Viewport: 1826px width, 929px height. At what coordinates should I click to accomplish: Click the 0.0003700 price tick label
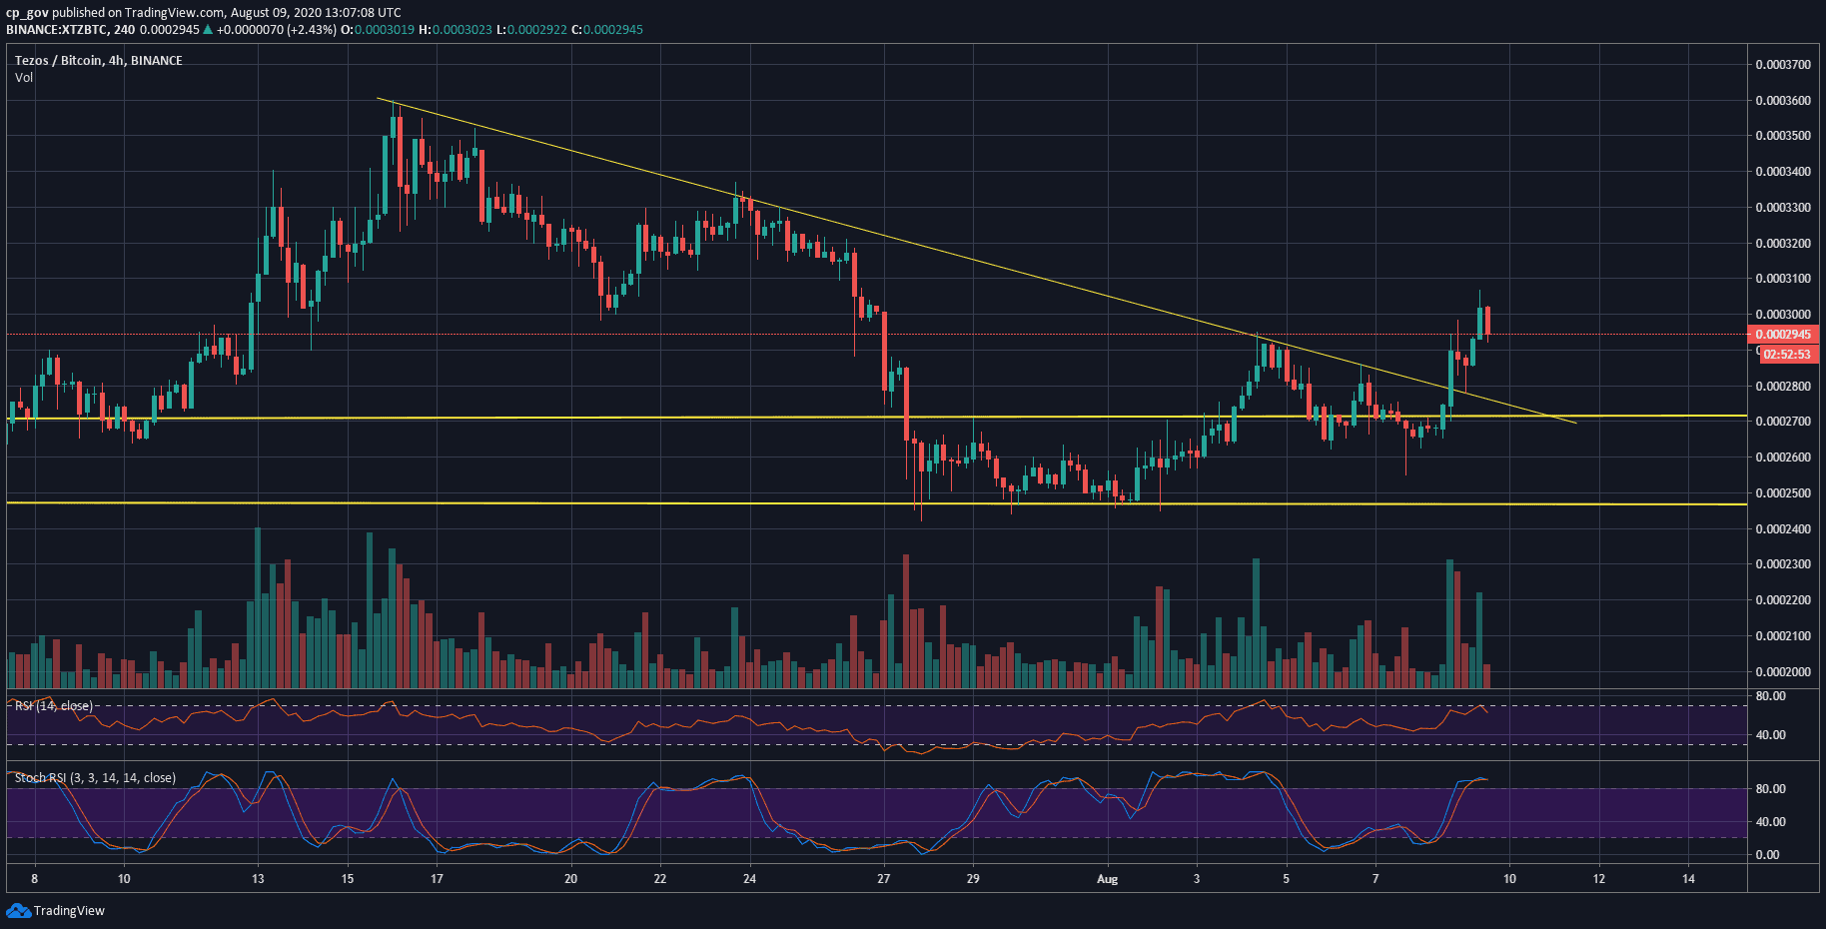1783,65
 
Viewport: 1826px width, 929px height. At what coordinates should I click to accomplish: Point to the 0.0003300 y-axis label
1783,208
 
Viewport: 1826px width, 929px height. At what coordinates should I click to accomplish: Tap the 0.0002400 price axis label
1783,529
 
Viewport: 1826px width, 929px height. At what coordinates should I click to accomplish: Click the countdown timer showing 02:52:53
1787,355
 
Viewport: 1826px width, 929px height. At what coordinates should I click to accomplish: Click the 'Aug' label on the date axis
1107,879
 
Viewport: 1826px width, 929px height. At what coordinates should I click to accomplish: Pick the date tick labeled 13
258,879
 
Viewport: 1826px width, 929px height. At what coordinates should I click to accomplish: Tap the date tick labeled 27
883,879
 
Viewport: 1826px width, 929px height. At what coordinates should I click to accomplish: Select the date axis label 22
659,879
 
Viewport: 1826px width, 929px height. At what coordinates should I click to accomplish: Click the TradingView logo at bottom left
56,910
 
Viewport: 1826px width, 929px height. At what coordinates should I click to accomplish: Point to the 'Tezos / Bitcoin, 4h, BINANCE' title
98,61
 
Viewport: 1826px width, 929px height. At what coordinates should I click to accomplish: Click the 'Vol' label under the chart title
24,78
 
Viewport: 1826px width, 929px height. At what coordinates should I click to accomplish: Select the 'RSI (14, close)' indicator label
54,706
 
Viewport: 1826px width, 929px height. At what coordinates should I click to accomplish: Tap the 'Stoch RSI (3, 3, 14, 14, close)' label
95,778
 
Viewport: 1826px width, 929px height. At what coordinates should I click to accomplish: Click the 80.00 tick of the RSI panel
1771,696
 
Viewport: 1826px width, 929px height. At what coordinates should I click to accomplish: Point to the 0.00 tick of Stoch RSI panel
1767,855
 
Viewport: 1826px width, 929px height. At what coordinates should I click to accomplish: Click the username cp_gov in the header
27,13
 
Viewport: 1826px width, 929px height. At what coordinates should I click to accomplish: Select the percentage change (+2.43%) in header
311,30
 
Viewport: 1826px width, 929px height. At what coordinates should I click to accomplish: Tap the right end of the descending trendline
1575,423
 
